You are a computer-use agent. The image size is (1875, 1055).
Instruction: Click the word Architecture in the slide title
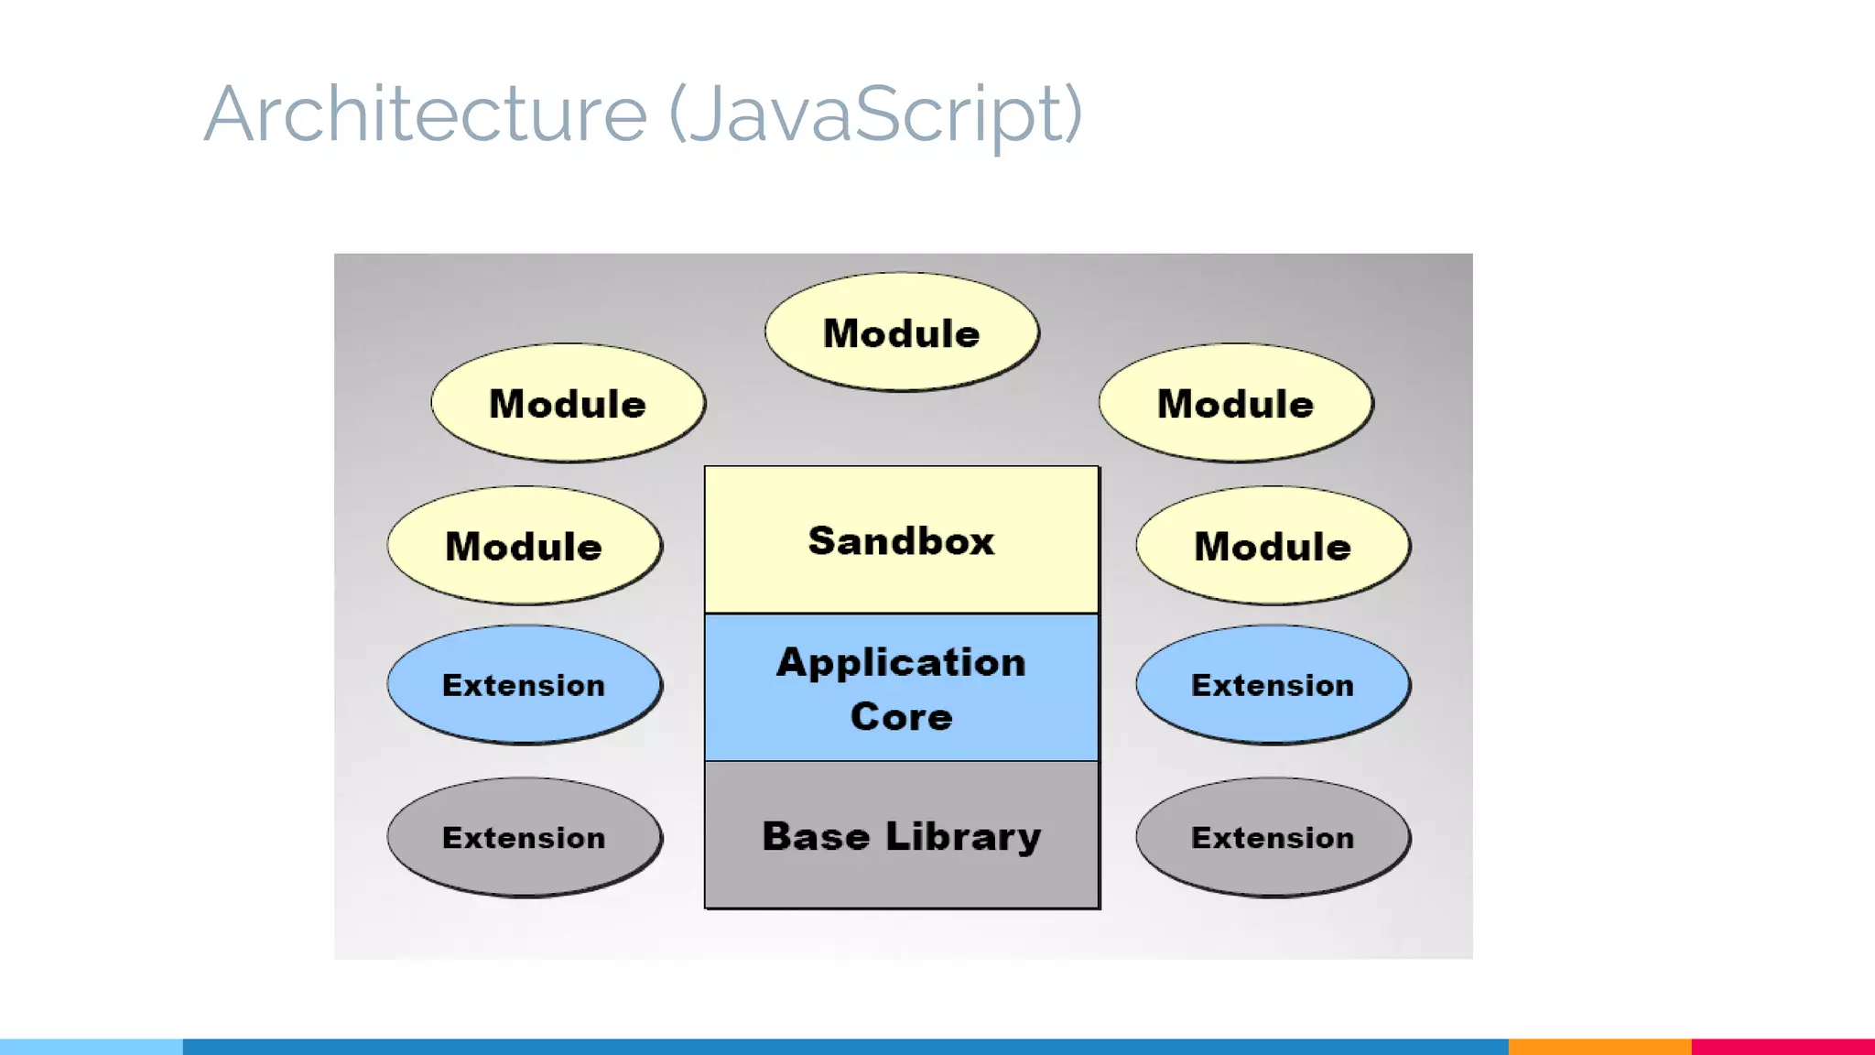coord(426,114)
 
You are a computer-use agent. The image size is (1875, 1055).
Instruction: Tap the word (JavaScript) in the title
coord(876,114)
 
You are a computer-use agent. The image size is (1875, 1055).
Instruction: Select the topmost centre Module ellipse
coord(902,332)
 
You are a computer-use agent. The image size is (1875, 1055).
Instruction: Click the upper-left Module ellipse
coord(568,403)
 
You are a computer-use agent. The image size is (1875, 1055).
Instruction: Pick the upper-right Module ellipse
coord(1236,403)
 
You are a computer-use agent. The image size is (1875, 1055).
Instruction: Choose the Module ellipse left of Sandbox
coord(524,546)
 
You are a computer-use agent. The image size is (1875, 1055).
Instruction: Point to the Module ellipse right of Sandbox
coord(1273,546)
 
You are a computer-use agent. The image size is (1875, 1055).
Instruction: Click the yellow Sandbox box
coord(902,540)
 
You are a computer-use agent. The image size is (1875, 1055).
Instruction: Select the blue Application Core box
coord(902,688)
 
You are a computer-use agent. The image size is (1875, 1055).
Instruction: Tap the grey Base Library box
coord(902,835)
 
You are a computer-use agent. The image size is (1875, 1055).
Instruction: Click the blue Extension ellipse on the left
coord(524,684)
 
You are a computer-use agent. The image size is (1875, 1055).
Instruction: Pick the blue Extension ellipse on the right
coord(1273,684)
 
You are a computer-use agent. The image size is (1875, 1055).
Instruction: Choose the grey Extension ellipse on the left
coord(524,837)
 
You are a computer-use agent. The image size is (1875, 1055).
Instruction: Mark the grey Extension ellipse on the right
coord(1273,837)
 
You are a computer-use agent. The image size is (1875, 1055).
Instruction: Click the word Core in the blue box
coord(902,716)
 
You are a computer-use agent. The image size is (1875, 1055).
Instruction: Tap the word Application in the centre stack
coord(902,662)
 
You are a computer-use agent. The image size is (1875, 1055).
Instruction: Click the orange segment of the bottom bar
coord(1599,1046)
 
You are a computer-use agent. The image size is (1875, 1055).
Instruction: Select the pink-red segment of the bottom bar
coord(1783,1046)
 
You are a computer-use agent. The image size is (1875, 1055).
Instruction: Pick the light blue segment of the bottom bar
coord(92,1046)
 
